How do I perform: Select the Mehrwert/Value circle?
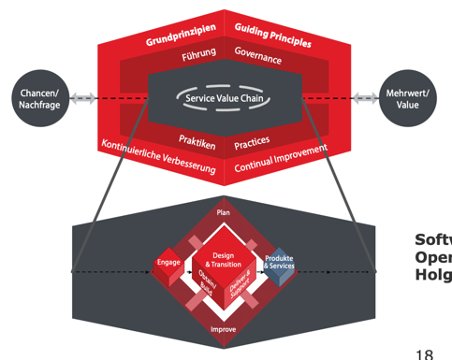click(407, 98)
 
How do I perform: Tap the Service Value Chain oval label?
click(223, 97)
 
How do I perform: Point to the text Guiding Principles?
click(272, 33)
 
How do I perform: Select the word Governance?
click(259, 55)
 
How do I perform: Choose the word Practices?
click(253, 143)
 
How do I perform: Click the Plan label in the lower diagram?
click(223, 213)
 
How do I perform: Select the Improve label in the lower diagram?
click(223, 329)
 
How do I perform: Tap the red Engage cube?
click(168, 266)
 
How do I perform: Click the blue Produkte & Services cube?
click(279, 264)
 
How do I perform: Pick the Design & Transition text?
click(223, 259)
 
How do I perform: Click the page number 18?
click(424, 352)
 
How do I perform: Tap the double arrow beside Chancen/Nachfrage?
click(82, 97)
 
